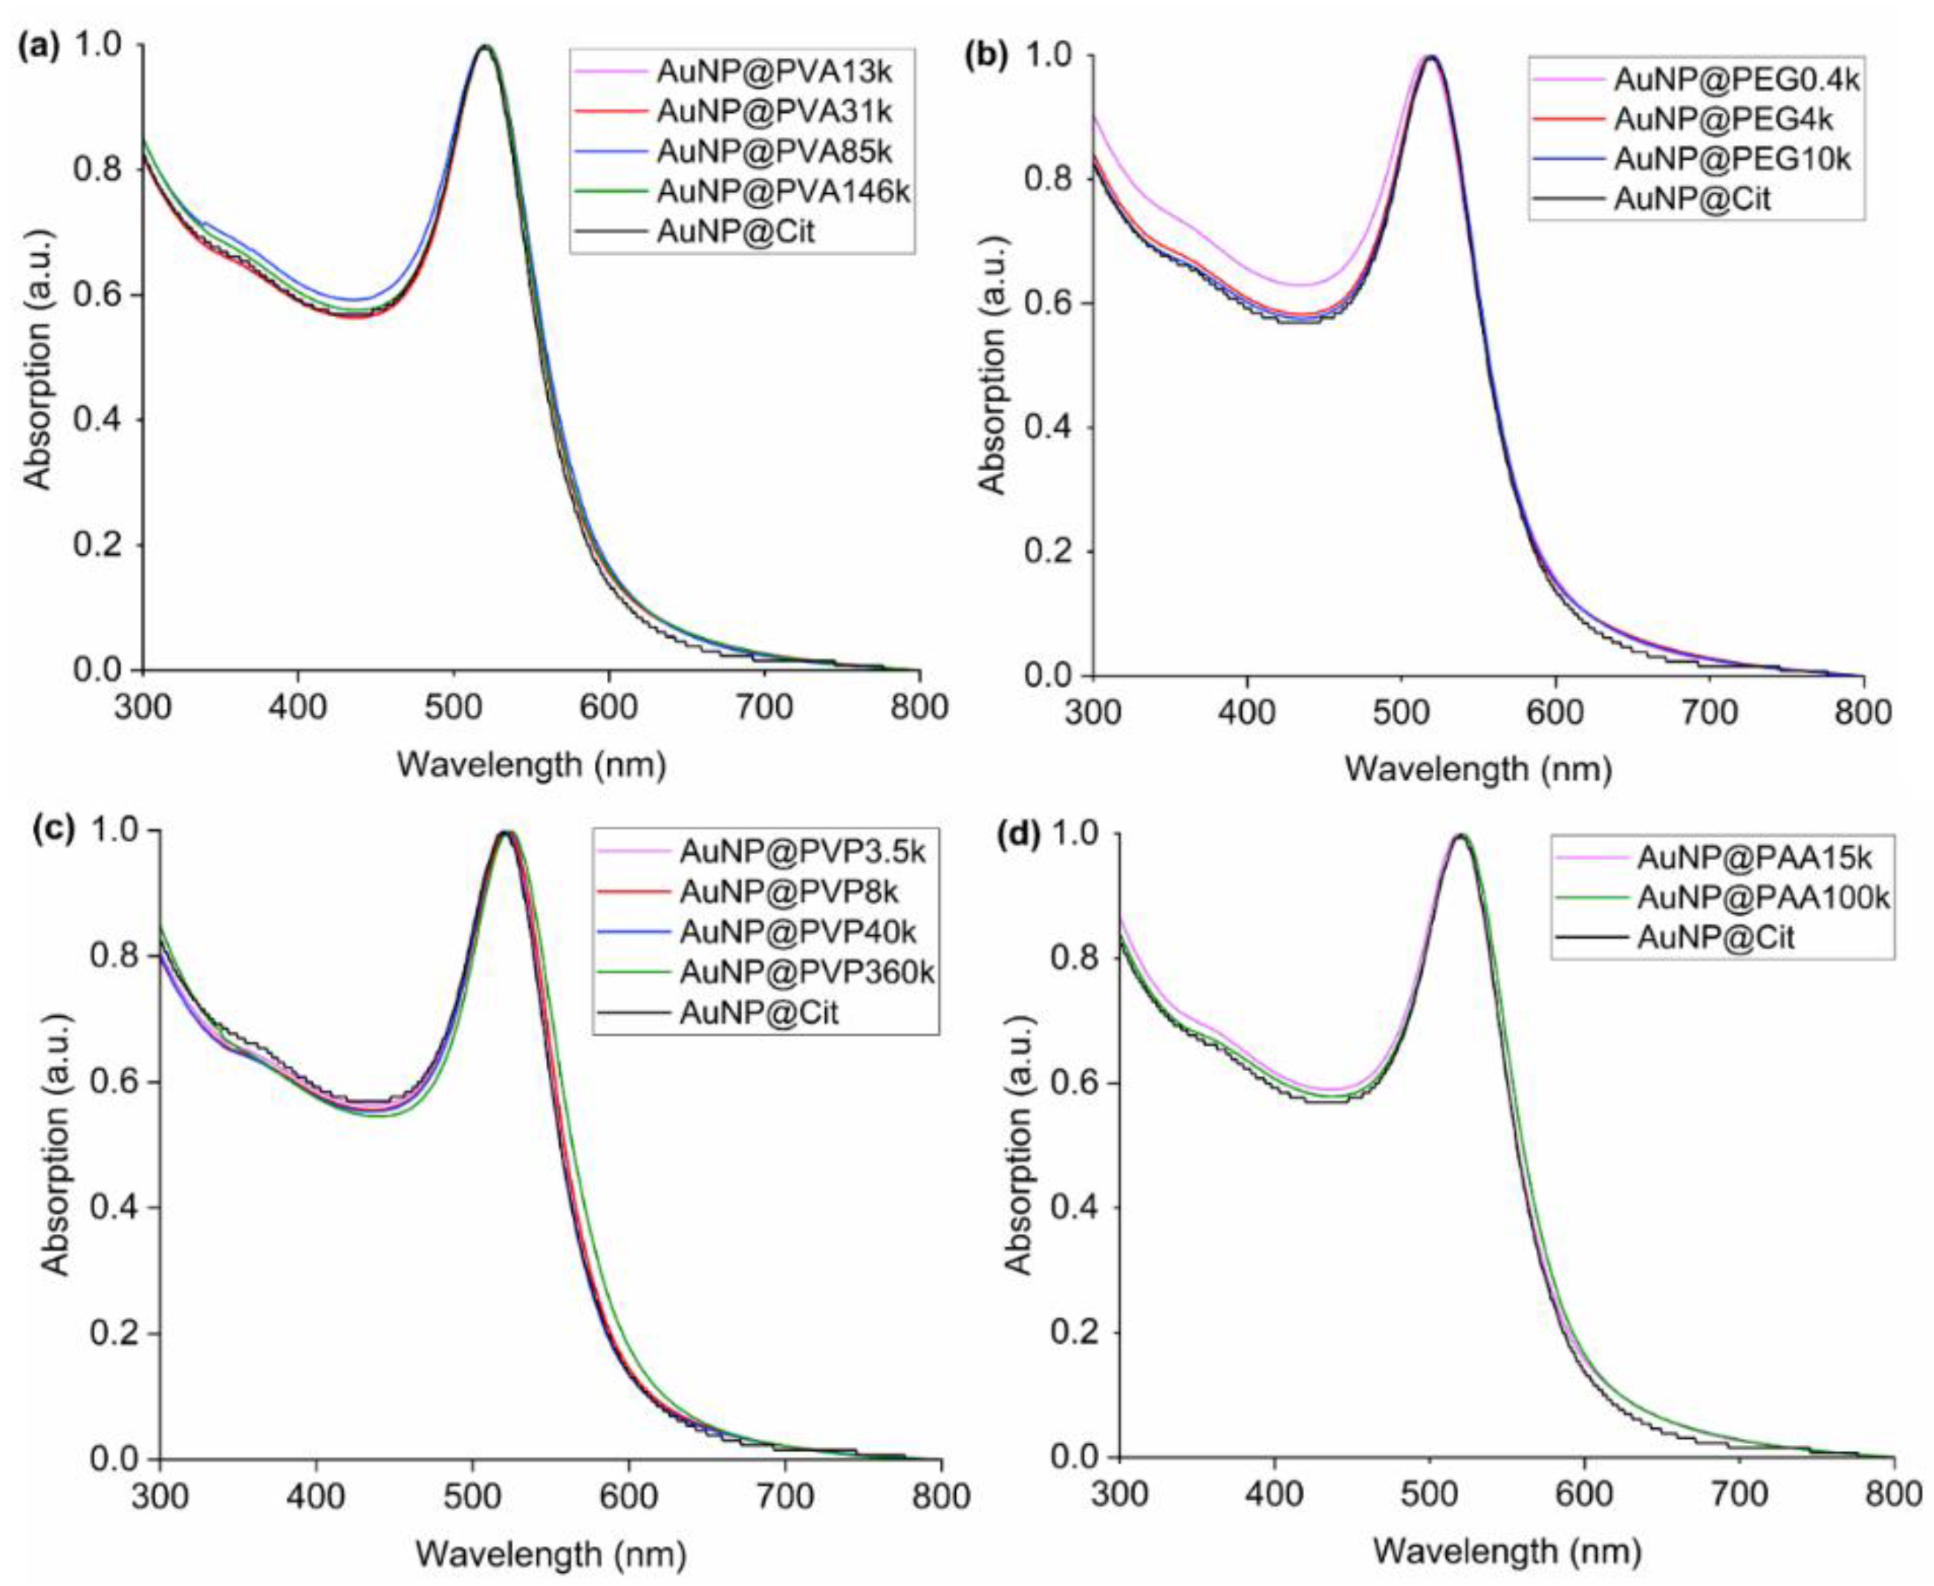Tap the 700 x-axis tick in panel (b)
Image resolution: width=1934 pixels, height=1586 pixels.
click(x=1709, y=712)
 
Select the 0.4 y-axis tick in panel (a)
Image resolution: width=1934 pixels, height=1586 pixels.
click(x=108, y=420)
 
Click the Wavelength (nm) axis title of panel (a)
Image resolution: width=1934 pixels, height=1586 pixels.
click(x=531, y=764)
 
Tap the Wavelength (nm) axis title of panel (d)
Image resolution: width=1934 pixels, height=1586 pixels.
click(x=1506, y=1550)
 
